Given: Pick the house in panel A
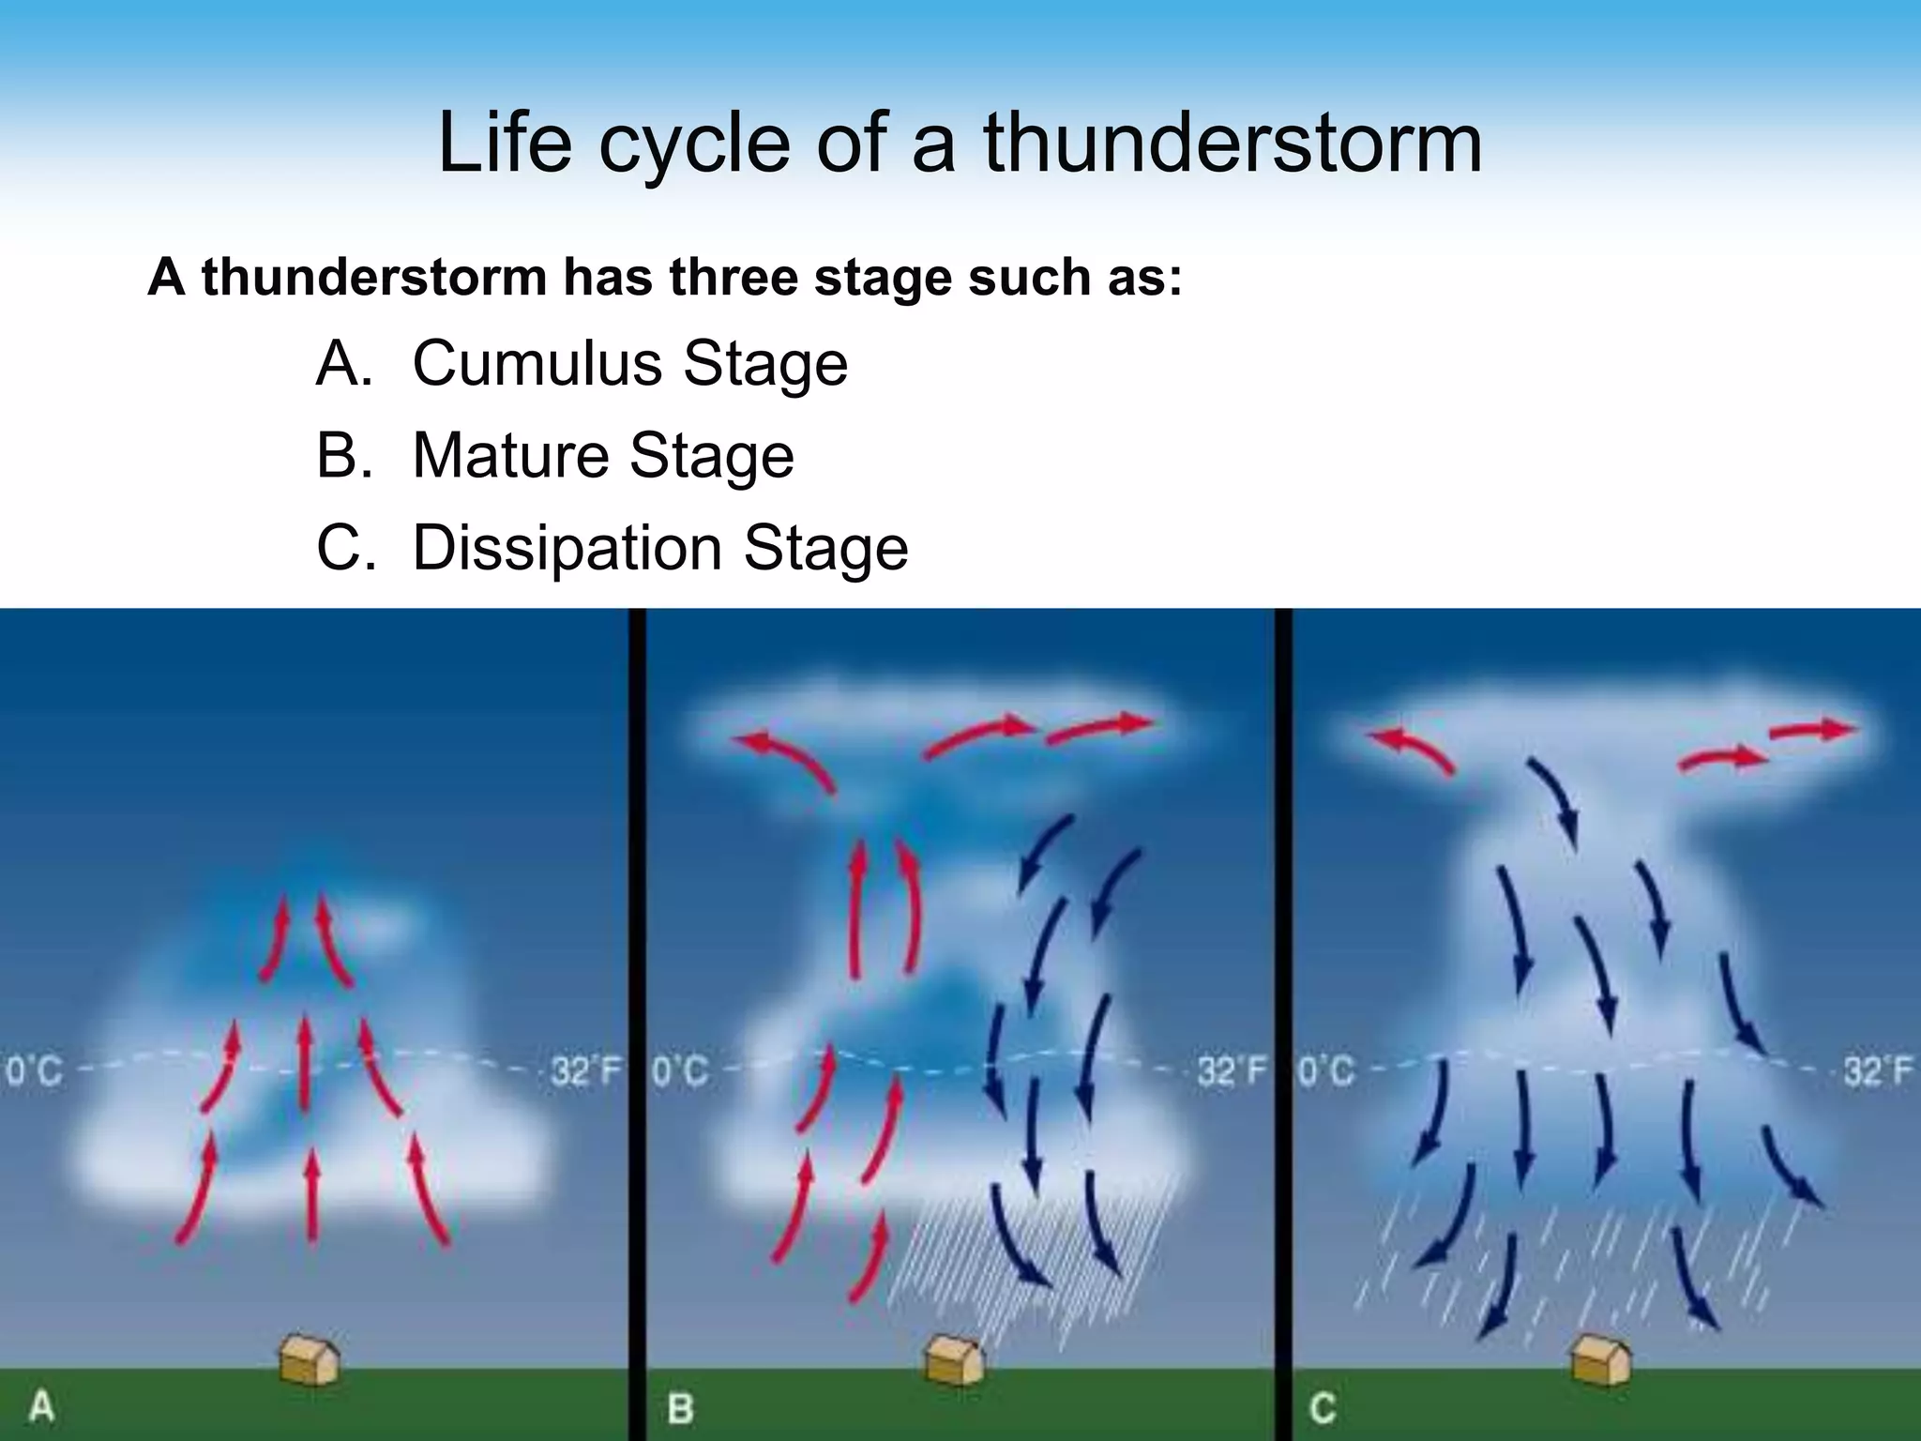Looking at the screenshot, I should click(x=310, y=1359).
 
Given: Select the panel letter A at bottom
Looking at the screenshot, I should click(x=40, y=1408).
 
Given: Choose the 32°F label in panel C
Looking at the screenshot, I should click(x=1877, y=1070).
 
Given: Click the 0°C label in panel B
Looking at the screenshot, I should click(x=679, y=1070).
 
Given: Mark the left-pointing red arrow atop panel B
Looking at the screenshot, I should click(x=783, y=758).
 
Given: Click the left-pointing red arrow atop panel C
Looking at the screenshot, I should click(x=1408, y=750).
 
